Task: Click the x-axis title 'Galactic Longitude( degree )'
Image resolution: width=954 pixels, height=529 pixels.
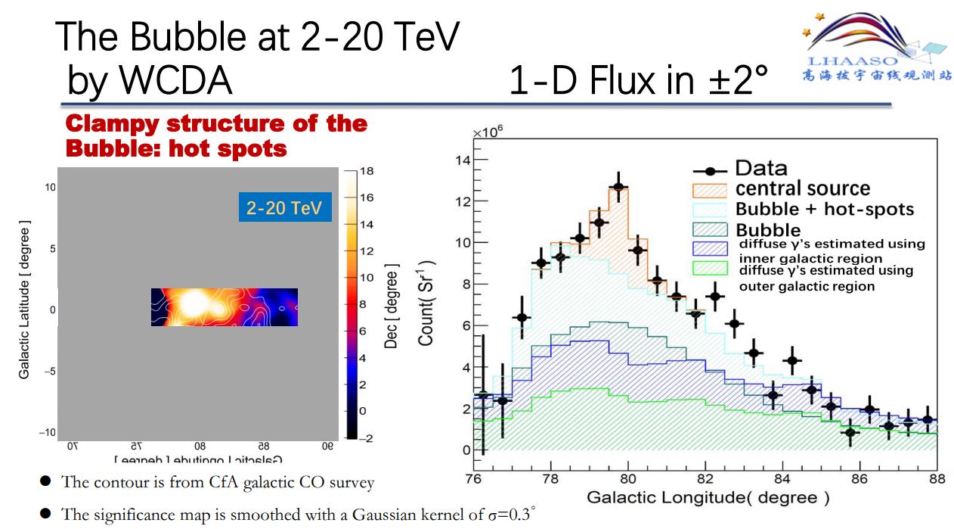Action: coord(708,498)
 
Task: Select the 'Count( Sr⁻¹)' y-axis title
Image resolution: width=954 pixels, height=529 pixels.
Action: coord(428,303)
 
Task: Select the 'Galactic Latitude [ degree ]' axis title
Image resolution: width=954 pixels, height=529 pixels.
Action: coord(25,300)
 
